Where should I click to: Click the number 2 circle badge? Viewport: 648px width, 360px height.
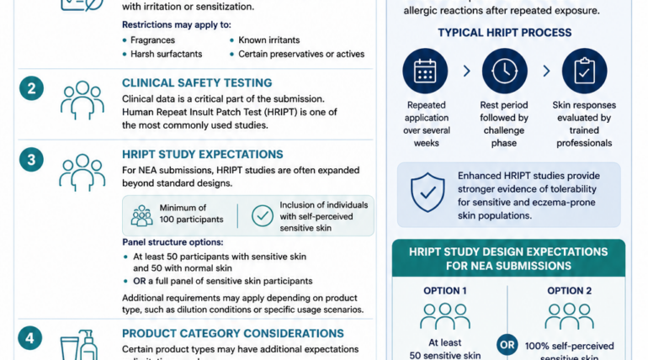(31, 89)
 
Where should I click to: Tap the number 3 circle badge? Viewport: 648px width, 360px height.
(31, 160)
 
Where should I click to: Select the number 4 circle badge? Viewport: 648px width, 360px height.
(31, 338)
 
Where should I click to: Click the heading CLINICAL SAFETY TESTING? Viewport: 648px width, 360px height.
(197, 83)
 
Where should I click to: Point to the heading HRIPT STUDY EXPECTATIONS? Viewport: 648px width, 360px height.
(202, 155)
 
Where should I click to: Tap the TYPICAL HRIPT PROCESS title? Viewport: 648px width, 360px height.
(504, 34)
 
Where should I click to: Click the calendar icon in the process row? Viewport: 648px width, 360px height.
(425, 71)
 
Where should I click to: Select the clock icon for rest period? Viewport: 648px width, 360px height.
(504, 71)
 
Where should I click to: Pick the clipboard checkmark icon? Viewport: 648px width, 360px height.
(584, 71)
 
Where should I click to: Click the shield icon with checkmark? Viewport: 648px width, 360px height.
(428, 193)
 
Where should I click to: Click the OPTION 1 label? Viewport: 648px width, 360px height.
(446, 291)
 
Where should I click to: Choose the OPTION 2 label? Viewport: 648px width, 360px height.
(570, 291)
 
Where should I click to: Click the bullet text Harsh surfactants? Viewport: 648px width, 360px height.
(167, 54)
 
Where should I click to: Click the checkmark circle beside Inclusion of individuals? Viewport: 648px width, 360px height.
(263, 214)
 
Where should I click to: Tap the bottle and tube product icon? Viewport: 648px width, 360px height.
(79, 344)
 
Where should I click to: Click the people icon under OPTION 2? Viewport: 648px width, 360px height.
(569, 316)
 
